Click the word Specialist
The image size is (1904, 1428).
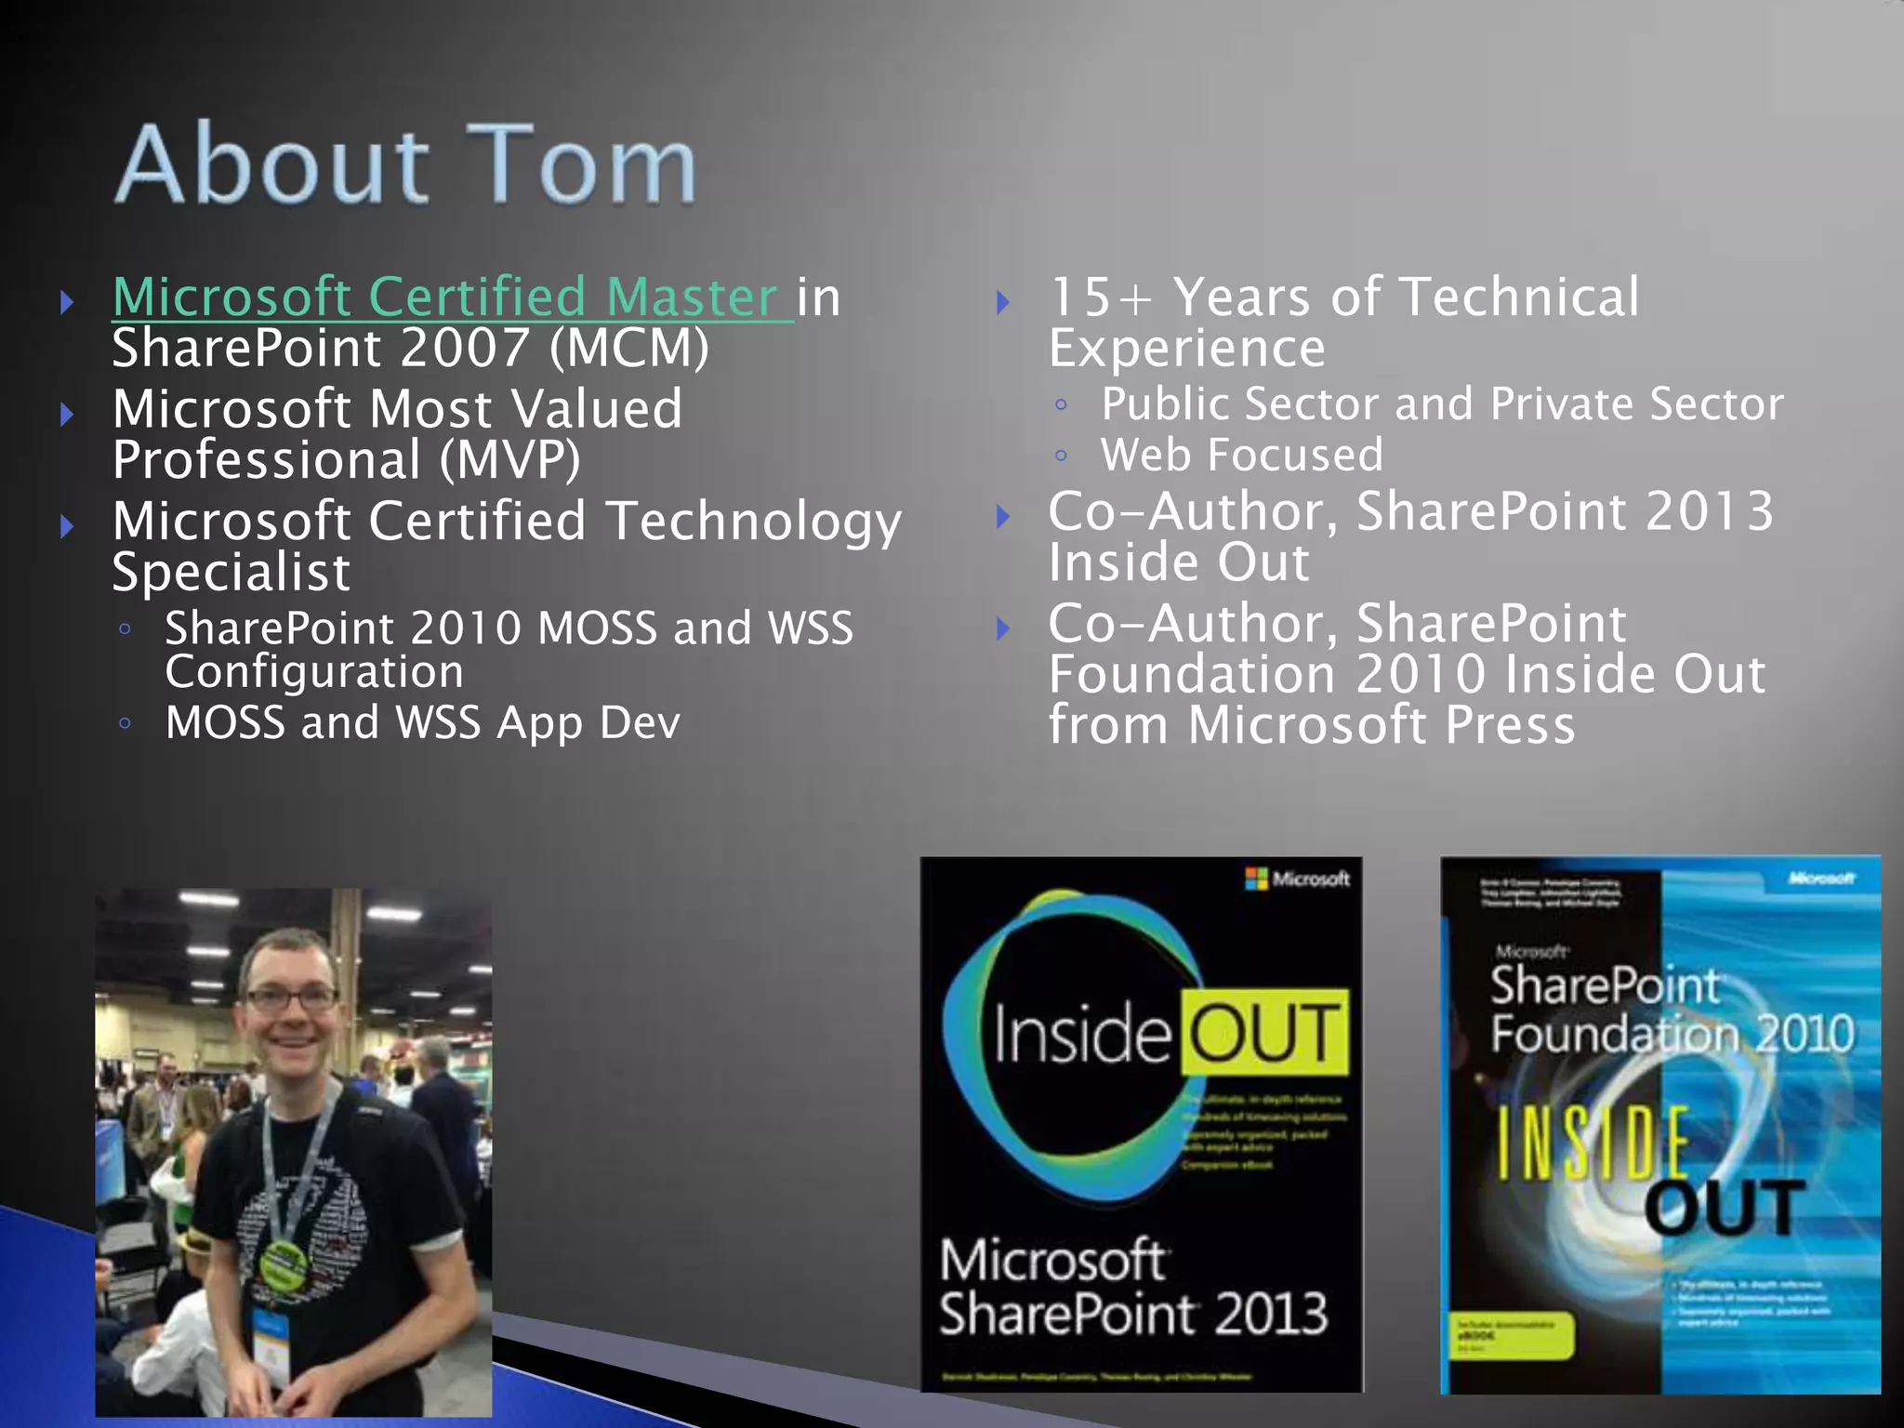click(231, 571)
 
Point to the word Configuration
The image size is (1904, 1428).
click(314, 671)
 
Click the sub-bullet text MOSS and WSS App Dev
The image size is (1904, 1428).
click(422, 722)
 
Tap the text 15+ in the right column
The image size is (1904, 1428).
click(1100, 297)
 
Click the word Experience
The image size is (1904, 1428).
click(1186, 348)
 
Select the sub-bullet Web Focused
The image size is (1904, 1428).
click(1242, 455)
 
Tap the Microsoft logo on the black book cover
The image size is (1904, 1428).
click(1296, 879)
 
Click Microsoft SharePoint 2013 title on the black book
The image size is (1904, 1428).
click(1132, 1287)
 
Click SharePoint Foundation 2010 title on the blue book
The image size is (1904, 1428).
click(1671, 1010)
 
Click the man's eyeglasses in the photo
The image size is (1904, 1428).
click(291, 1000)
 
